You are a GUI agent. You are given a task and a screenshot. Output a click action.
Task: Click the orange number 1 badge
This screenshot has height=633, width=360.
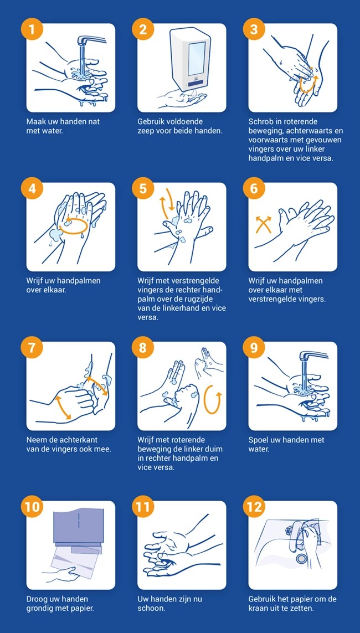32,30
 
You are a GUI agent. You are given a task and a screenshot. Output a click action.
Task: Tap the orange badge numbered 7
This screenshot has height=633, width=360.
32,348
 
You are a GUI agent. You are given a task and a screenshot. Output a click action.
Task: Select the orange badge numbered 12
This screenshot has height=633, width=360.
254,507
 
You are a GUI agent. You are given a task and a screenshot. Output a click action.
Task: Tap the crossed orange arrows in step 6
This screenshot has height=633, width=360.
263,224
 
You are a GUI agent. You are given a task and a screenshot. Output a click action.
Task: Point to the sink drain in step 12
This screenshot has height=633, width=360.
301,558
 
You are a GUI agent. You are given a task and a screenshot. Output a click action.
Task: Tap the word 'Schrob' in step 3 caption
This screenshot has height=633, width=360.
260,121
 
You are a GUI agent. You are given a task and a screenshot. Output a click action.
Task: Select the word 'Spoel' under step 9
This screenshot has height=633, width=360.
258,440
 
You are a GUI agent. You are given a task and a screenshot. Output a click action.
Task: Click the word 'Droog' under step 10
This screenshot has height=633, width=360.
37,599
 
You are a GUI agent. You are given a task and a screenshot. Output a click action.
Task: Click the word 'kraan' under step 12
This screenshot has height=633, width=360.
258,608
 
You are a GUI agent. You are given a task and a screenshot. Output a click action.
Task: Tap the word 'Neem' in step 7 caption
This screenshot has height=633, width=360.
36,440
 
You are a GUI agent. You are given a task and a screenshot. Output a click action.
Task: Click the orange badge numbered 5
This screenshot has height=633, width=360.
143,189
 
